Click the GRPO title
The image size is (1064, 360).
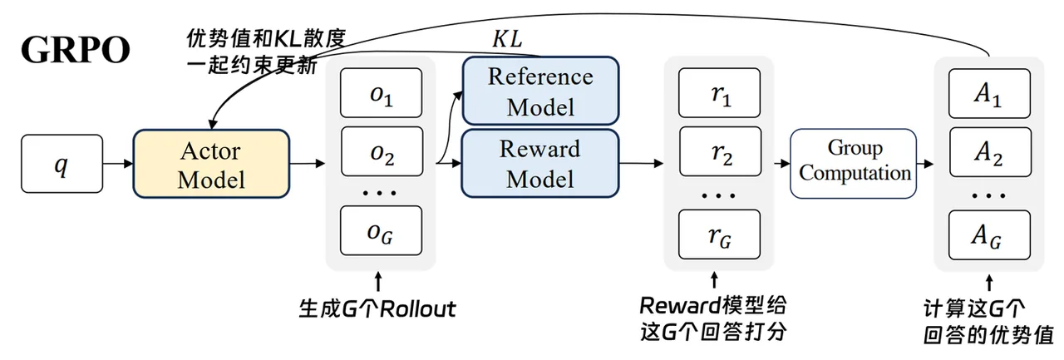point(76,49)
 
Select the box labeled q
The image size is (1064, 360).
point(62,164)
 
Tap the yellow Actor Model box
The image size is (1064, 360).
point(211,164)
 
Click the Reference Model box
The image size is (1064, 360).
point(540,91)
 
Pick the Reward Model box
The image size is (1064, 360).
point(540,164)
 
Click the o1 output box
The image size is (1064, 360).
point(381,93)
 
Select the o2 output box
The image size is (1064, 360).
point(382,151)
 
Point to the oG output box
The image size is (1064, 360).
point(381,231)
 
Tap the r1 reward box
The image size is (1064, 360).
point(720,93)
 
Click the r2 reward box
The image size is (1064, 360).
point(721,151)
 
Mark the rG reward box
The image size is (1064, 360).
point(720,234)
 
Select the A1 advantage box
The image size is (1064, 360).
point(990,94)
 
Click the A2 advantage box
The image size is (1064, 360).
point(991,152)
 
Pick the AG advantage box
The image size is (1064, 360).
point(990,235)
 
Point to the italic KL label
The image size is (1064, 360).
point(507,39)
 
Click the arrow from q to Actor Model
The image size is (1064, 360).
point(118,164)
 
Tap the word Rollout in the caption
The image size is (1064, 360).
point(418,309)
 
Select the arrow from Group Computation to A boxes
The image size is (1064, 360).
point(925,164)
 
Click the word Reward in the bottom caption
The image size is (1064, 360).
point(680,306)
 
